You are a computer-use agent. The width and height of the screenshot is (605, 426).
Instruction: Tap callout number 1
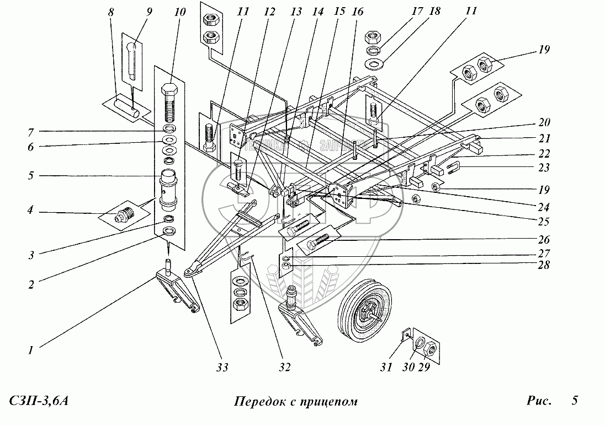coord(31,349)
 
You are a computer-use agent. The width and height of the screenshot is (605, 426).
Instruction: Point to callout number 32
coord(285,366)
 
